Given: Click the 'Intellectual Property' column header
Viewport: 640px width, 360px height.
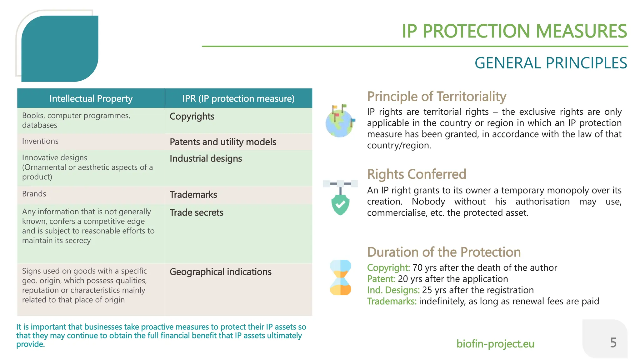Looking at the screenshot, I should [x=91, y=99].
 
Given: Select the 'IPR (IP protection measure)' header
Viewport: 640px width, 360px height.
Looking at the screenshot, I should [x=238, y=99].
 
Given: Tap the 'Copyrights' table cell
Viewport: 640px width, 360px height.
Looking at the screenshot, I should [x=192, y=117].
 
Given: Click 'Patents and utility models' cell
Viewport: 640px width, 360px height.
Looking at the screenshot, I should [x=223, y=142].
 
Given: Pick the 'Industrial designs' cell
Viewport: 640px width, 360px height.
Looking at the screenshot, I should [x=206, y=159].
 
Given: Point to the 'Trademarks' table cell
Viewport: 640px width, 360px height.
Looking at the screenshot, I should [x=193, y=195].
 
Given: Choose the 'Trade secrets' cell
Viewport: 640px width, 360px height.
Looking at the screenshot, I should [x=196, y=213].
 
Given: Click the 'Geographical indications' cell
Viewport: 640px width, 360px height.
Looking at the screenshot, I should [x=220, y=272].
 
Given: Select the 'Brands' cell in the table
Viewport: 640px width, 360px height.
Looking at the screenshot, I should [x=34, y=194].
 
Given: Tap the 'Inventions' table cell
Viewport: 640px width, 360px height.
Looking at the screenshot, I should [x=40, y=141].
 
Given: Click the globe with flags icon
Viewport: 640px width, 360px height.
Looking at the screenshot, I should [x=340, y=122].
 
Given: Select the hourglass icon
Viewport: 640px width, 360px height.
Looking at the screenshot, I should [x=341, y=277].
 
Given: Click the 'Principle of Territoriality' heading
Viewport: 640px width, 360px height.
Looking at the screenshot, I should [x=436, y=97].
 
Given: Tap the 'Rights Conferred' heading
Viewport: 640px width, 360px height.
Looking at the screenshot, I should [x=416, y=174].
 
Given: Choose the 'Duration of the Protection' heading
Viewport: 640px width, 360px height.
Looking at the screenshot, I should [x=444, y=252].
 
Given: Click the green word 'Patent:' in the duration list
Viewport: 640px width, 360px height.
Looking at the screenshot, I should [x=381, y=279].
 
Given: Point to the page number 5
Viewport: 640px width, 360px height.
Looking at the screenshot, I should [x=613, y=343].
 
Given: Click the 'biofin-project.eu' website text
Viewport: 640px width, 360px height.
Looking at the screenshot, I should [x=495, y=344].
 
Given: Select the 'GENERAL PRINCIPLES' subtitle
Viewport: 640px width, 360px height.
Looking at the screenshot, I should [x=551, y=63].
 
